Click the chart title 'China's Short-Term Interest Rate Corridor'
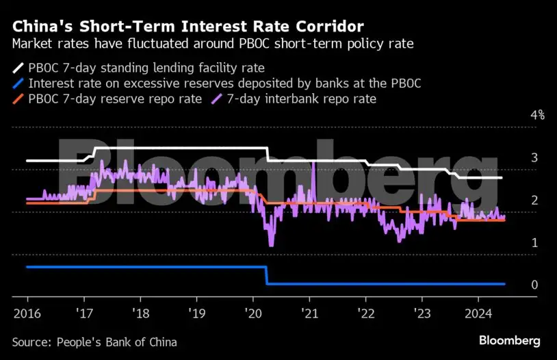point(188,27)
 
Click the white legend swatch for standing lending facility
point(17,68)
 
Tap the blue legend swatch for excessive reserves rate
point(17,83)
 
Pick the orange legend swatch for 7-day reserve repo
point(17,99)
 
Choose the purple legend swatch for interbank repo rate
point(213,99)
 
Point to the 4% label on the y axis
point(537,115)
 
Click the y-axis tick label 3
point(534,157)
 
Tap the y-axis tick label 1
point(534,243)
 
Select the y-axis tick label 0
point(534,285)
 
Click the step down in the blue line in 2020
point(266,275)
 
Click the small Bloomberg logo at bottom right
point(509,340)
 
